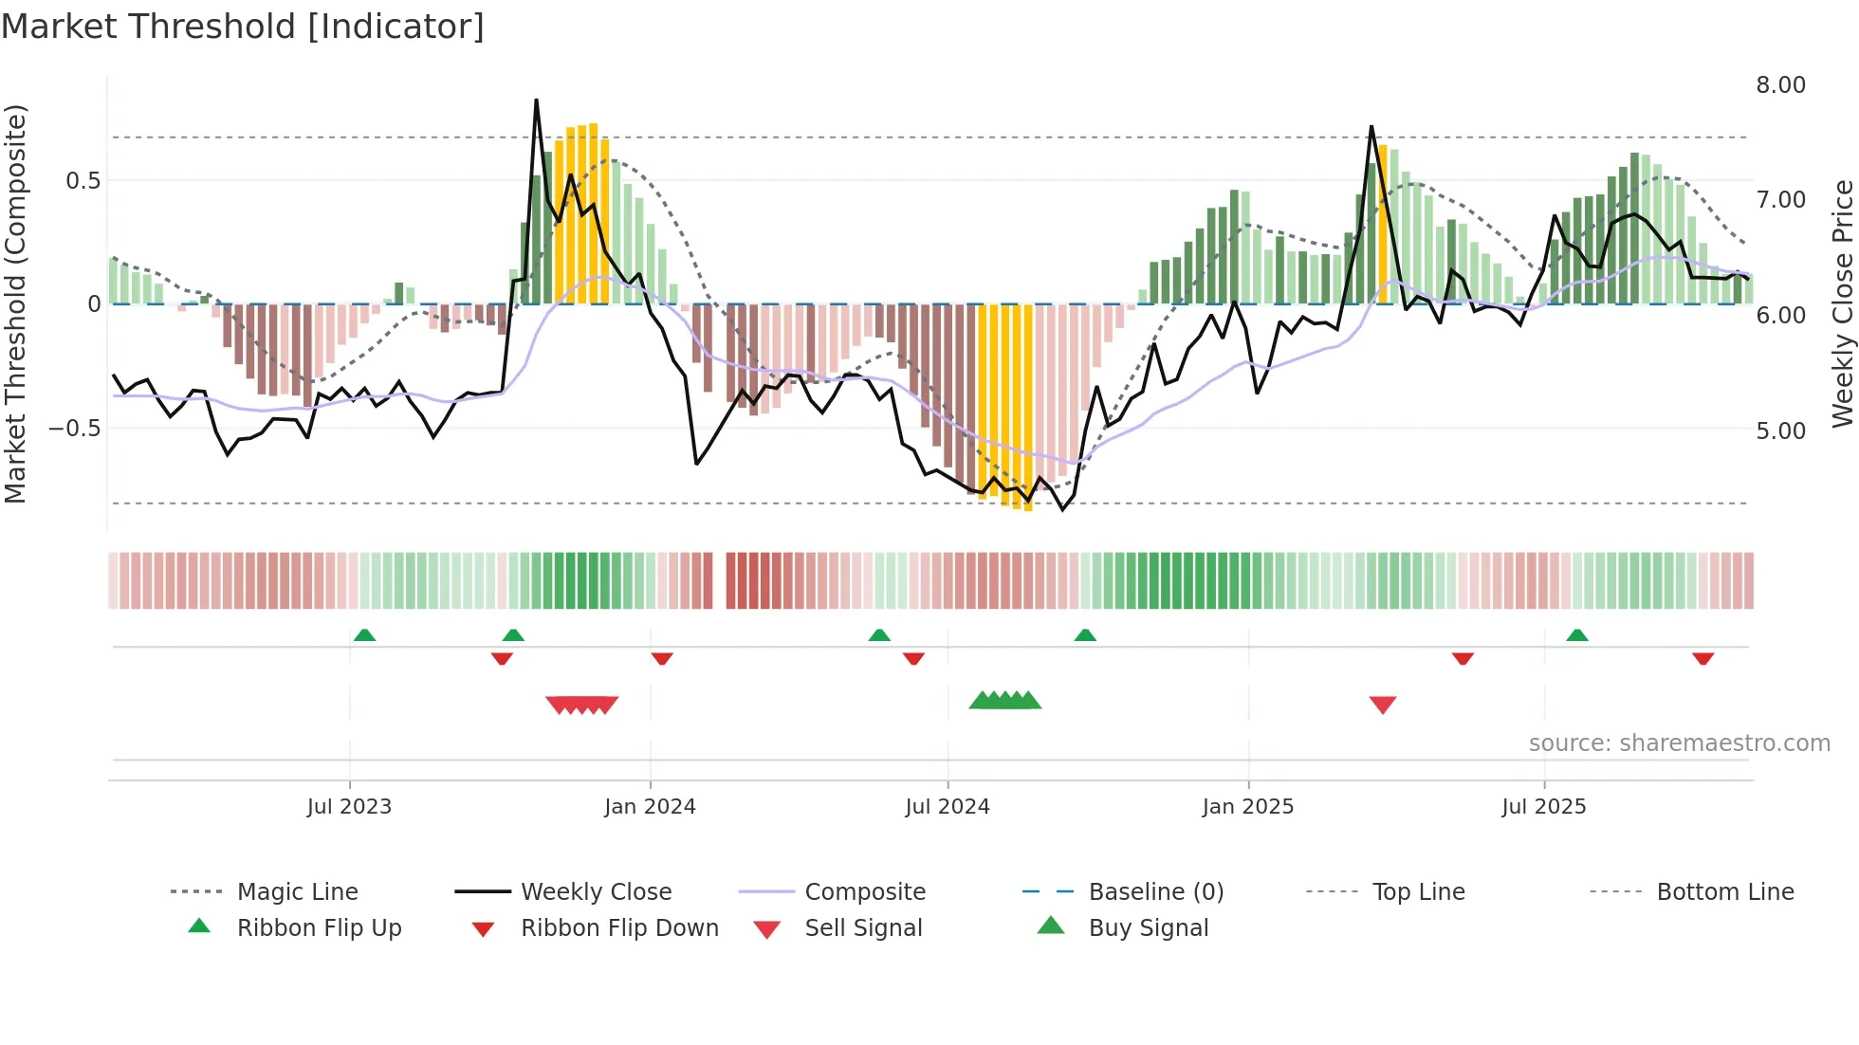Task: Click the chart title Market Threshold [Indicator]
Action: [x=243, y=27]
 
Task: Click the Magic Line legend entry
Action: [x=297, y=892]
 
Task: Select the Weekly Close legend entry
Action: [x=596, y=892]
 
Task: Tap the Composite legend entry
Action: [x=864, y=892]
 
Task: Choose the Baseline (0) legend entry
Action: [x=1155, y=892]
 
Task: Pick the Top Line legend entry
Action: [x=1418, y=892]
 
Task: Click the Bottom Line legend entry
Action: [x=1724, y=892]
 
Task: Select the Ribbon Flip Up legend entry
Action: [x=319, y=928]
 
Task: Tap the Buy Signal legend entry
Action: [x=1148, y=928]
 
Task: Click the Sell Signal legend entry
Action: [x=862, y=928]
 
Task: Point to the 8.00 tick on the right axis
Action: [x=1780, y=85]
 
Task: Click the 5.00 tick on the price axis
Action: [x=1780, y=431]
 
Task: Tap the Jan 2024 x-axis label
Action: [x=650, y=807]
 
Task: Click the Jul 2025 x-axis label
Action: [x=1543, y=807]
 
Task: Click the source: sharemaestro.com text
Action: [x=1679, y=743]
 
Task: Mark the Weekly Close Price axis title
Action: [x=1842, y=303]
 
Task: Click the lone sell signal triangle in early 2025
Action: [x=1382, y=705]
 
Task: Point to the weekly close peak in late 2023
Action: [x=536, y=101]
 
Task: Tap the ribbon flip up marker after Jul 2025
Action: [x=1576, y=635]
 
